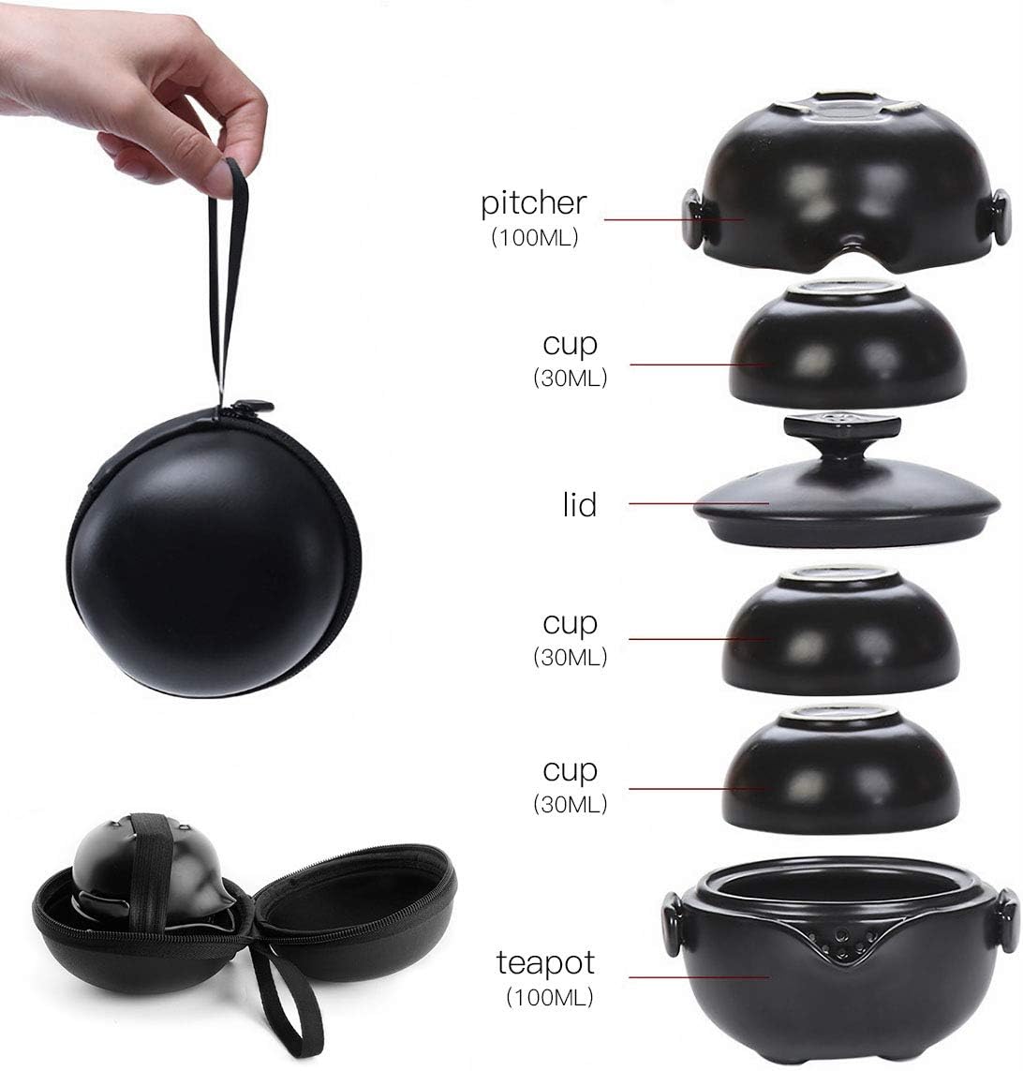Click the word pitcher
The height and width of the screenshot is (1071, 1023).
[534, 203]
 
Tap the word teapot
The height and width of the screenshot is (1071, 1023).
[546, 962]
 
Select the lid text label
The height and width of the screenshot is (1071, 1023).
[580, 505]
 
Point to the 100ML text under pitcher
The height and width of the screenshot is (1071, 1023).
[535, 238]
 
